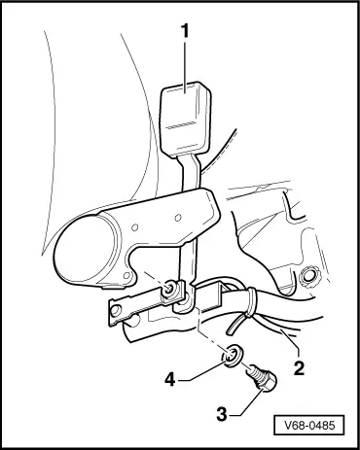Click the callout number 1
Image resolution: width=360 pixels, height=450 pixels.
click(184, 31)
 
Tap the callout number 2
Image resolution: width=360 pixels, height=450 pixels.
click(299, 368)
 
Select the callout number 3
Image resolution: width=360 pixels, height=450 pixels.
click(222, 415)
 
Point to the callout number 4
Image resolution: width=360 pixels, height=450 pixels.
click(169, 379)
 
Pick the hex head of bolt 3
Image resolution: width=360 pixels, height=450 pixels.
click(268, 382)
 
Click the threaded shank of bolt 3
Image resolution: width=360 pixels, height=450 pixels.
click(255, 372)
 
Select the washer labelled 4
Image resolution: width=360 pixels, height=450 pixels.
click(232, 357)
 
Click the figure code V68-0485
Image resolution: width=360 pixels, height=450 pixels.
click(309, 425)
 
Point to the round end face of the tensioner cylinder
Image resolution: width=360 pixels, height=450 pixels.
click(85, 250)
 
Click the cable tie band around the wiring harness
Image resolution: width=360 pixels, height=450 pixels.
click(251, 301)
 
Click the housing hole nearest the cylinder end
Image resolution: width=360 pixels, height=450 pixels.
click(134, 227)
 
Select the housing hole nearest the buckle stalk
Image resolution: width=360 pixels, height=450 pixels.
click(177, 218)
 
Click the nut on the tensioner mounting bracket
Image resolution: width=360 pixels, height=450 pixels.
click(168, 289)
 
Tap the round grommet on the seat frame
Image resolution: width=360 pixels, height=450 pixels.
click(307, 276)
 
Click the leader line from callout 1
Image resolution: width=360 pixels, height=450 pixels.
click(185, 66)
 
